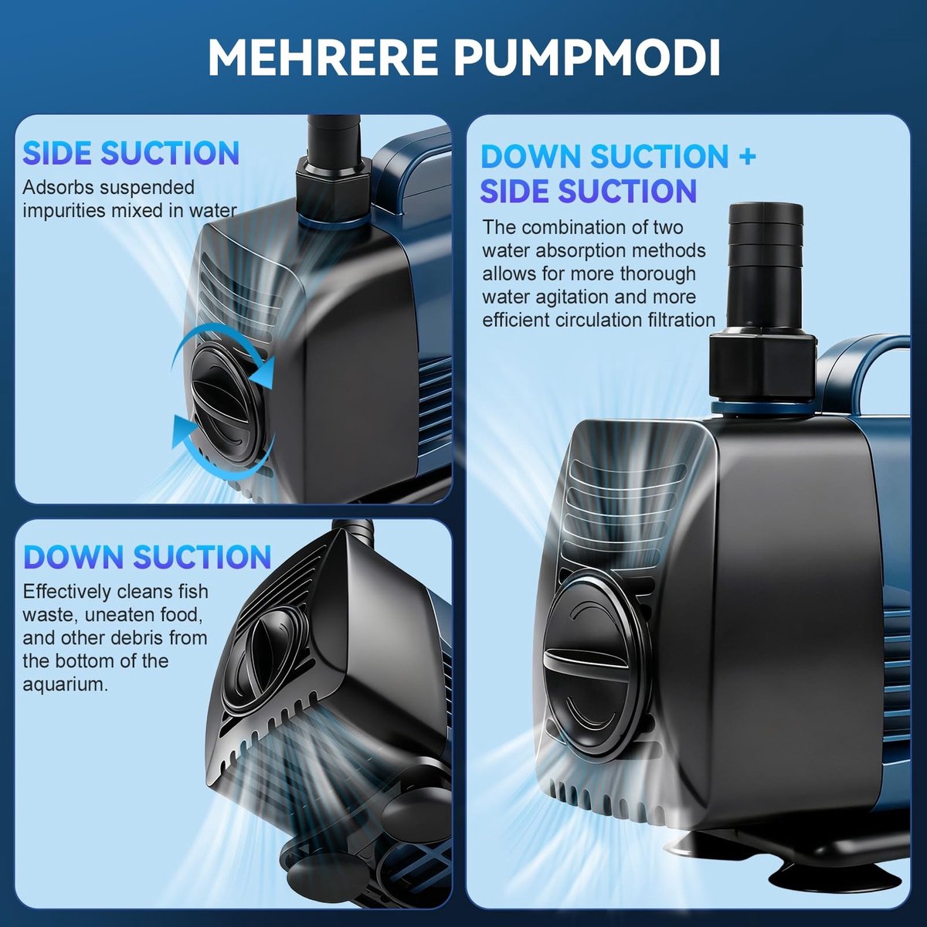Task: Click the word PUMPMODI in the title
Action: (x=587, y=58)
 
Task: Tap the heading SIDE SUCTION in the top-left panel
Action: (x=131, y=153)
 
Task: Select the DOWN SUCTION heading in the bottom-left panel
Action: (x=148, y=557)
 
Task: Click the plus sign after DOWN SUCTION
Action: (x=746, y=157)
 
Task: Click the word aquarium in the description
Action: (x=65, y=685)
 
